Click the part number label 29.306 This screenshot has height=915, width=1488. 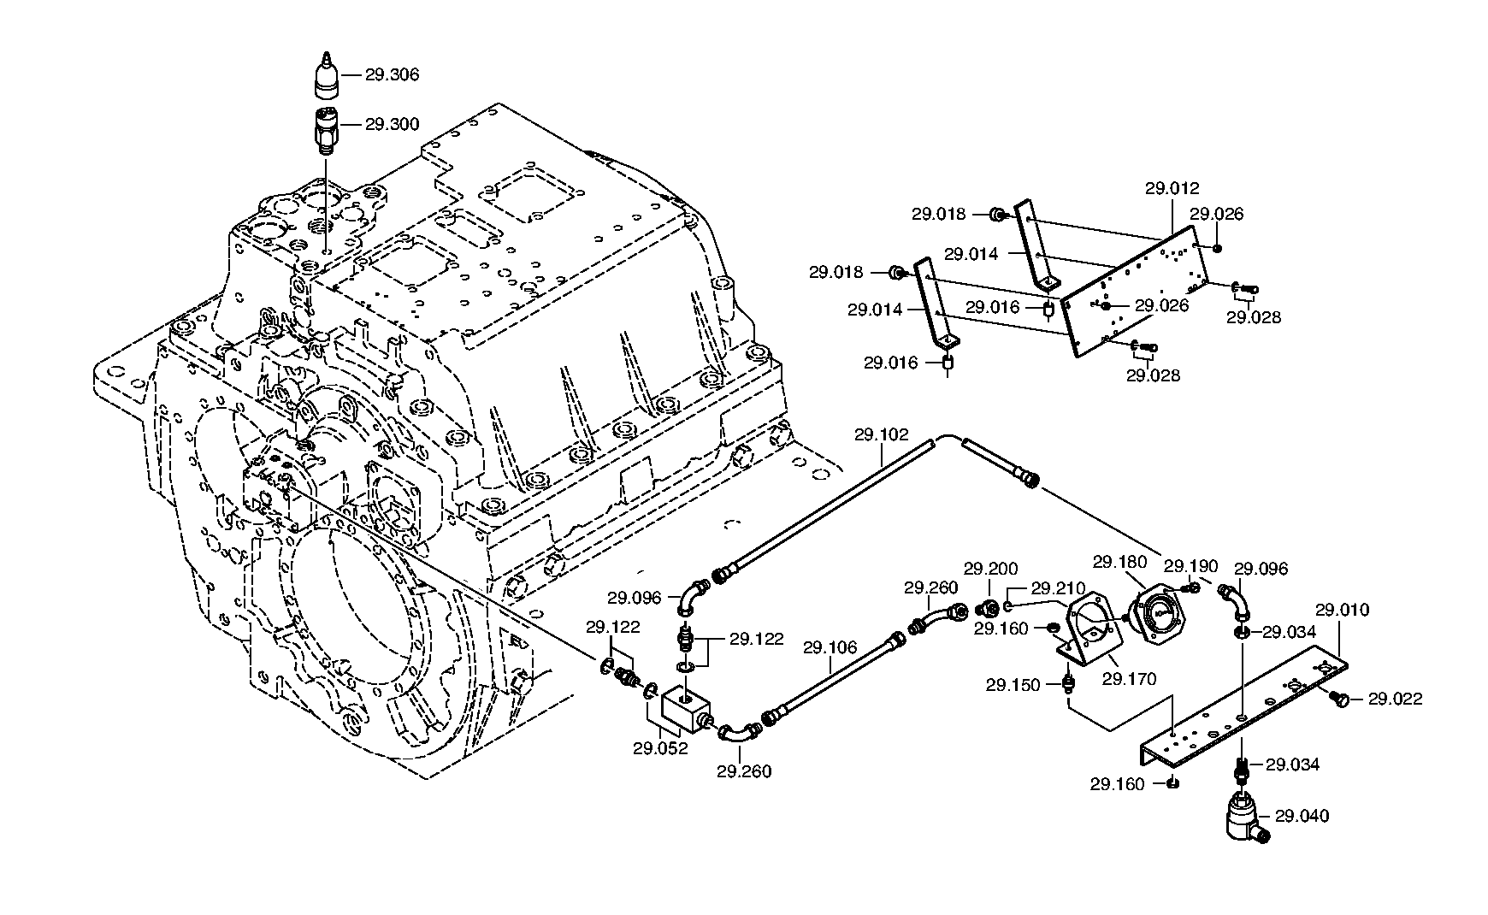(x=392, y=74)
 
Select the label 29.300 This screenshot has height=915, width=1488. (x=392, y=124)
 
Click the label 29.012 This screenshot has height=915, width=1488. (x=1172, y=188)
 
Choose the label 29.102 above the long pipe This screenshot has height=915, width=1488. (x=881, y=434)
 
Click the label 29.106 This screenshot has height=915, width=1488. (x=830, y=647)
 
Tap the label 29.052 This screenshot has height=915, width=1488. (x=660, y=749)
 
